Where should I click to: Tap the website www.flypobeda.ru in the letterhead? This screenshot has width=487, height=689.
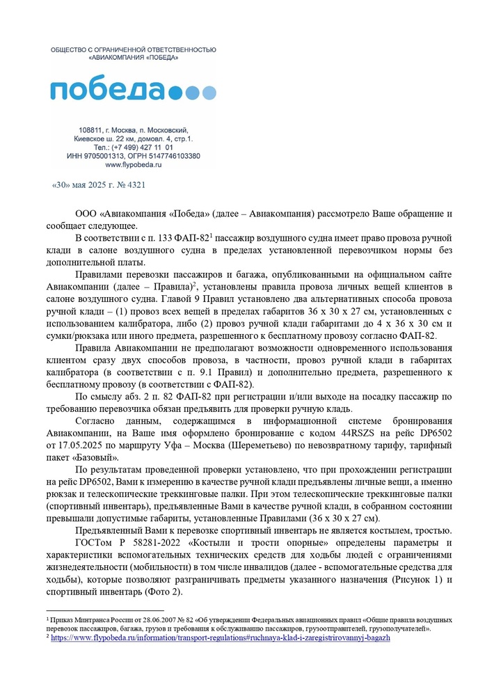point(133,165)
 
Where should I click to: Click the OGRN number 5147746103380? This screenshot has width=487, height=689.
point(174,156)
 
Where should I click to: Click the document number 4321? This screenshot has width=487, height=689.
point(135,186)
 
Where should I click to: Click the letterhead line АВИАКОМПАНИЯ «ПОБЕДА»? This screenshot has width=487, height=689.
point(133,58)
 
